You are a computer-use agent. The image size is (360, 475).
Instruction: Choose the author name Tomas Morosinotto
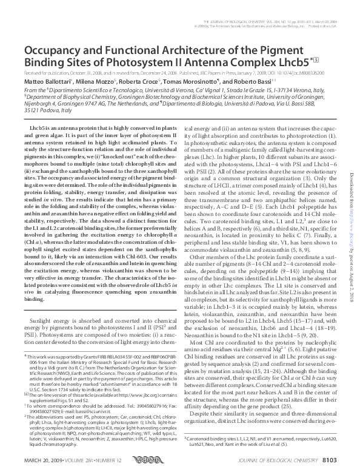(195, 81)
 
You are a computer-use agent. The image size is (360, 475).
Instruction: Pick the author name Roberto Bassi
(252, 81)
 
